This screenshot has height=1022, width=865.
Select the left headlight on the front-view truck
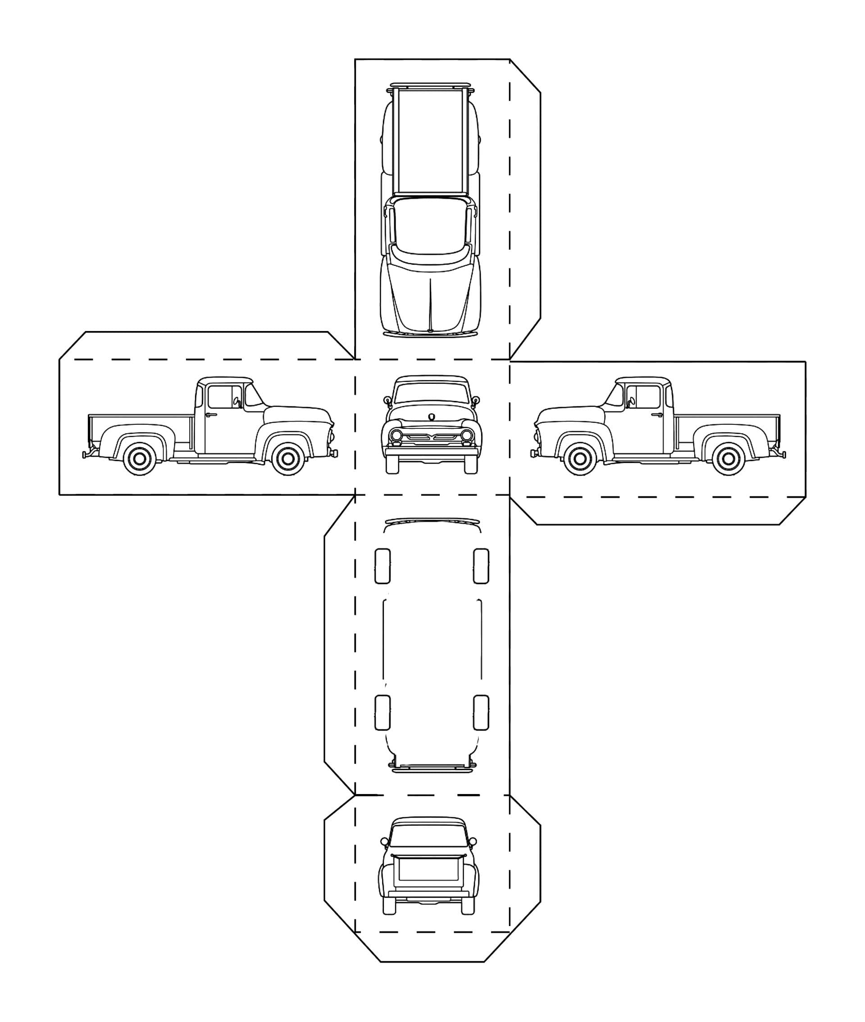(396, 435)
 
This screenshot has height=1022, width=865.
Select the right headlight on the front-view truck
(467, 435)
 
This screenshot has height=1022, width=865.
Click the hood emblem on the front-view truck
(432, 416)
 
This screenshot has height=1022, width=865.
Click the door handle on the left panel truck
(211, 415)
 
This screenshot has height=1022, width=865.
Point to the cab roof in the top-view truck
(432, 221)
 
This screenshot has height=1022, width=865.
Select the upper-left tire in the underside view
(382, 566)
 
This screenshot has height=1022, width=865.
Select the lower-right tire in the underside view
(481, 712)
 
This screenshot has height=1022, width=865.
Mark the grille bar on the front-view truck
(432, 437)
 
